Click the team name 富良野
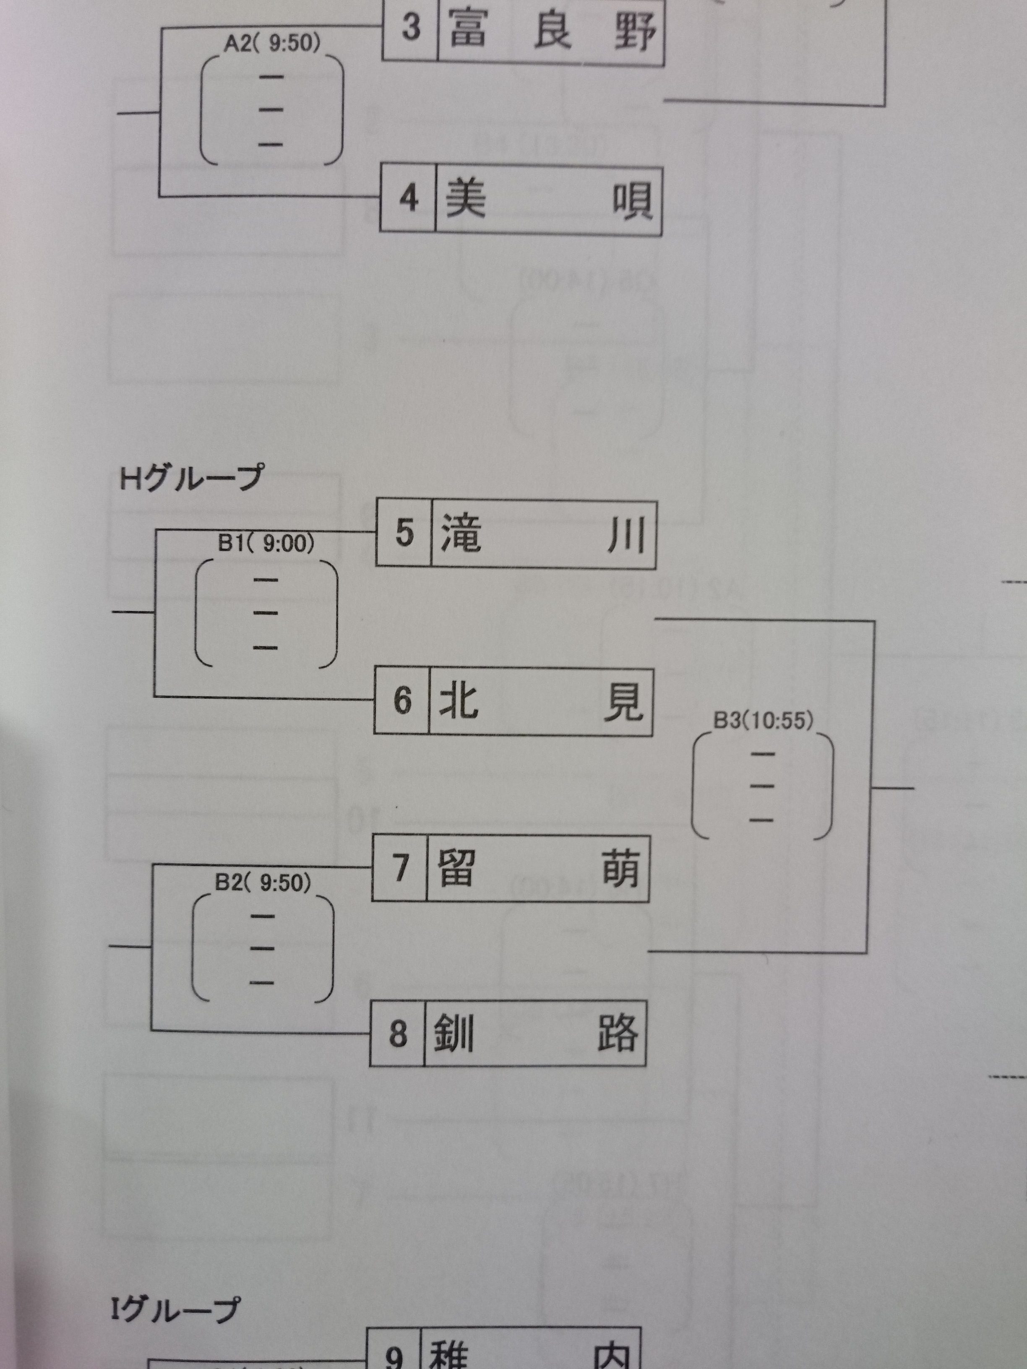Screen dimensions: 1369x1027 (551, 31)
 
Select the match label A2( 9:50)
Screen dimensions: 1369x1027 (272, 43)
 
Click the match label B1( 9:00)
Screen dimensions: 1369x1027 (266, 544)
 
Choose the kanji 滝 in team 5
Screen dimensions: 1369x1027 (461, 534)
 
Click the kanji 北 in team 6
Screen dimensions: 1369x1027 (459, 701)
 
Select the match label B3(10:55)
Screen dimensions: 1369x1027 (763, 721)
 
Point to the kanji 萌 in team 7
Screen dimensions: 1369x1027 (621, 869)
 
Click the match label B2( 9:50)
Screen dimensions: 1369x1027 (263, 882)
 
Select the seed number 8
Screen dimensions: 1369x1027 (398, 1033)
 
